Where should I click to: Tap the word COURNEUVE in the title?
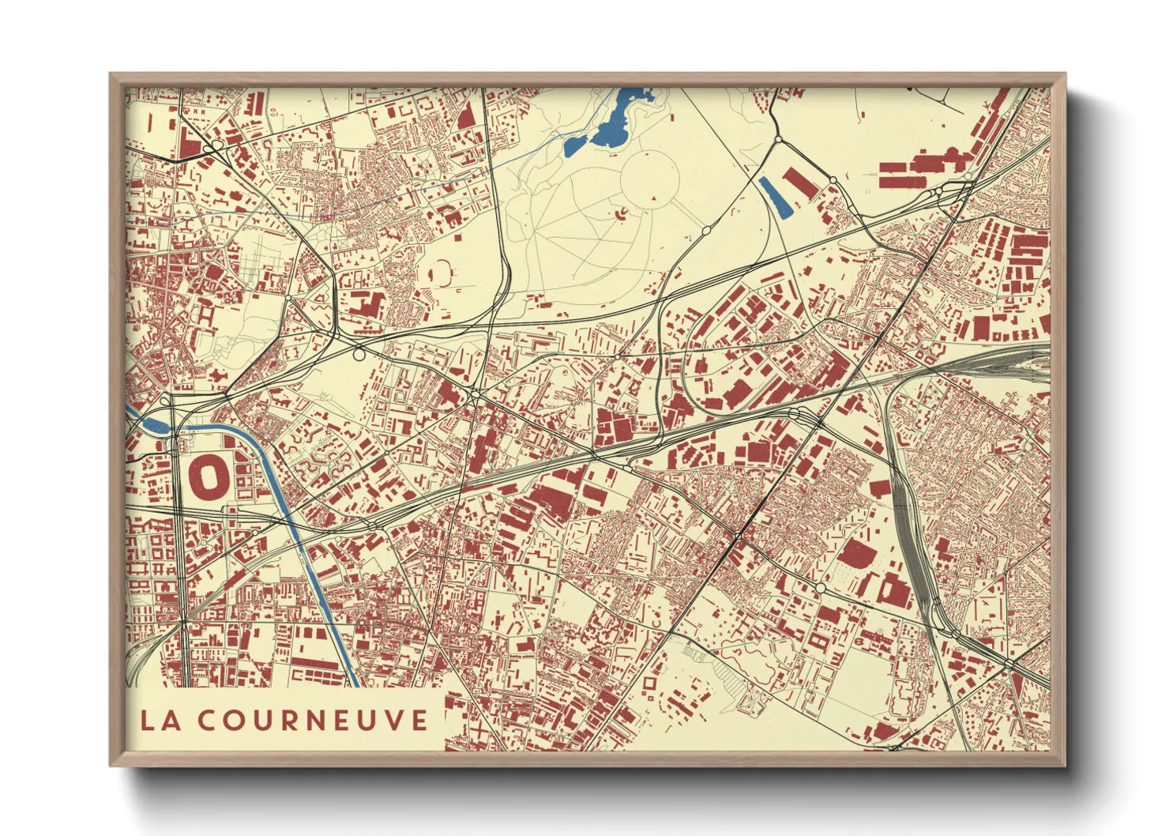[x=312, y=720]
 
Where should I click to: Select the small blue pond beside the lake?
[x=574, y=145]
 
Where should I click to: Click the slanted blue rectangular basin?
[x=775, y=198]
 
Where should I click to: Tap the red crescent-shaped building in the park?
[x=619, y=213]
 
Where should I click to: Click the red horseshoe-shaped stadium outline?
[x=442, y=273]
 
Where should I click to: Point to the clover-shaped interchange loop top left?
[x=212, y=148]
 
